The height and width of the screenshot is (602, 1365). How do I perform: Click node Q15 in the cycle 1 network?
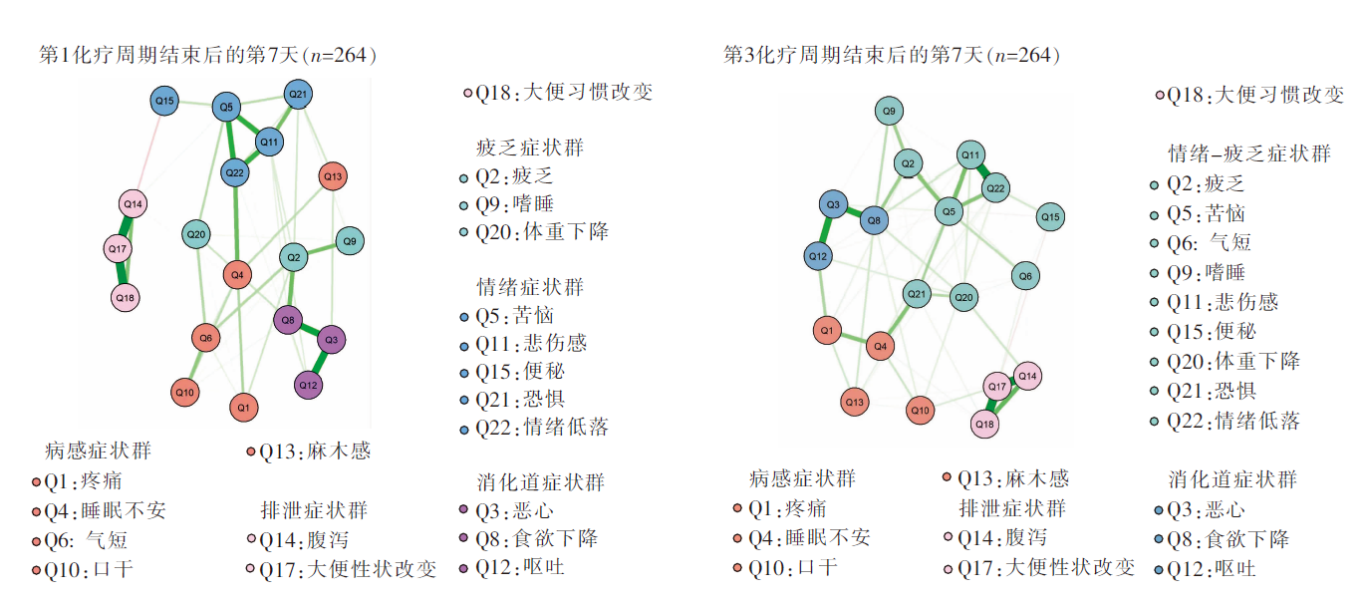tap(164, 101)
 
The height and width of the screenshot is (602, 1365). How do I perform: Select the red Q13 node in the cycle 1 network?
tap(333, 176)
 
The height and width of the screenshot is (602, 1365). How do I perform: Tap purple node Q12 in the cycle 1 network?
tap(309, 385)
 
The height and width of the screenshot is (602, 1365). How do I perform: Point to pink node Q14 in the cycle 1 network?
tap(133, 205)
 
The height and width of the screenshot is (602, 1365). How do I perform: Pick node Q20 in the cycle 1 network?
tap(196, 235)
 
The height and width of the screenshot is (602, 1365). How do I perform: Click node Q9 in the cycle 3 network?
tap(890, 111)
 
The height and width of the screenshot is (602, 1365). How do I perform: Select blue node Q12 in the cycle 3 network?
tap(818, 256)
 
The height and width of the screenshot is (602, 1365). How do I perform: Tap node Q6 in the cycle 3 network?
tap(1025, 276)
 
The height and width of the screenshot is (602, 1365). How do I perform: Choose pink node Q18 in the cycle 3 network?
tap(985, 424)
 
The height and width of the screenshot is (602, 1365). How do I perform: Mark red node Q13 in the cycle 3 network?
tap(854, 402)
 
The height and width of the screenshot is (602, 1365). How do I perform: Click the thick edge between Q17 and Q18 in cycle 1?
tap(122, 272)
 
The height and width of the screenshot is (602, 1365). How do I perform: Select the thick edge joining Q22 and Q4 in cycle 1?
tap(235, 224)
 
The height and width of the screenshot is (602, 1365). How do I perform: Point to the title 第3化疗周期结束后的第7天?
tap(892, 56)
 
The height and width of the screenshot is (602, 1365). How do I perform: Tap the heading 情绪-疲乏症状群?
tap(1249, 153)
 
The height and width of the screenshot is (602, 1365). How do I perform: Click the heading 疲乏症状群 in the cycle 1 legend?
tap(530, 148)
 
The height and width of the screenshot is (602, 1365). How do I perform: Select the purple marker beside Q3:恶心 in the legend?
tap(463, 511)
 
